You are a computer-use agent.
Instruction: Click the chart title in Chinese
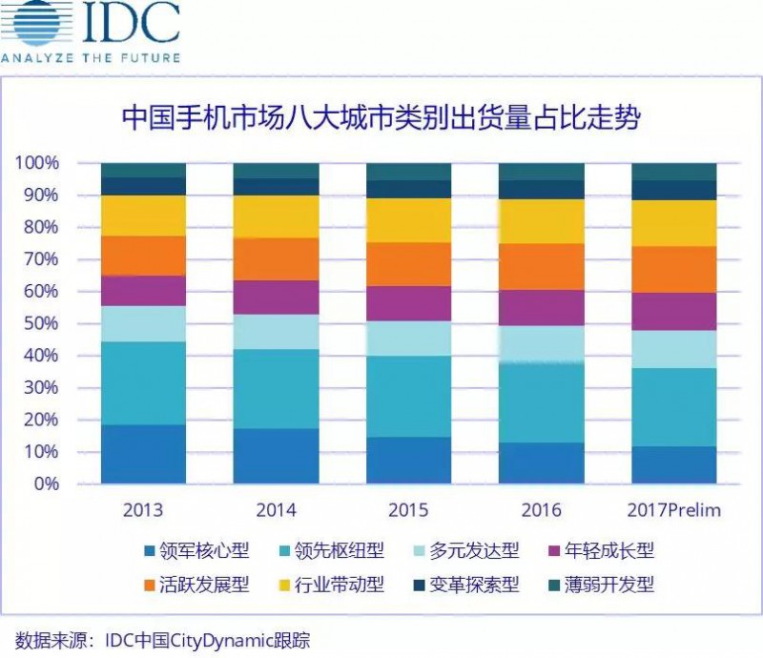[381, 119]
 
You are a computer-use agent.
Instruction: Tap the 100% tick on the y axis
[37, 163]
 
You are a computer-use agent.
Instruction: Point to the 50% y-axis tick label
[41, 323]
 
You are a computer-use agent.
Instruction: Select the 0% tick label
[46, 483]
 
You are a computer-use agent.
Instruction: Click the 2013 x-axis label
[143, 510]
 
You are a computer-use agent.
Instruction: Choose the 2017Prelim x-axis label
[673, 510]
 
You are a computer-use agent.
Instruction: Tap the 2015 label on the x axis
[408, 510]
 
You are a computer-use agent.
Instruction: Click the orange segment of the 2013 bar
[143, 256]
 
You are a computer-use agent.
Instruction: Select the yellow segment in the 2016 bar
[541, 221]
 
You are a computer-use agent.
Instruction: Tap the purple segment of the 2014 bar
[276, 298]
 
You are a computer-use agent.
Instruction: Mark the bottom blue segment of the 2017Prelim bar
[673, 464]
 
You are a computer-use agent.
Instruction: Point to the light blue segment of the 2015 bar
[408, 339]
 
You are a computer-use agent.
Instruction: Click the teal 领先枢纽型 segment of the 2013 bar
[143, 382]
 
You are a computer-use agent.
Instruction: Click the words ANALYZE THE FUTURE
[91, 57]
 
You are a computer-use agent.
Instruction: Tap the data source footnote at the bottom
[162, 639]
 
